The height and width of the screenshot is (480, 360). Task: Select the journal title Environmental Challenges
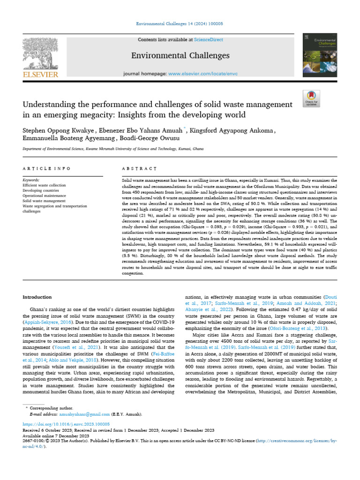(180, 56)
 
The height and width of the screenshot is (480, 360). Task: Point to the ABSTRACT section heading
(139, 168)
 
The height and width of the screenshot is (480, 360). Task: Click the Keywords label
(31, 180)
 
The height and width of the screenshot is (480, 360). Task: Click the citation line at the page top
(180, 23)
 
